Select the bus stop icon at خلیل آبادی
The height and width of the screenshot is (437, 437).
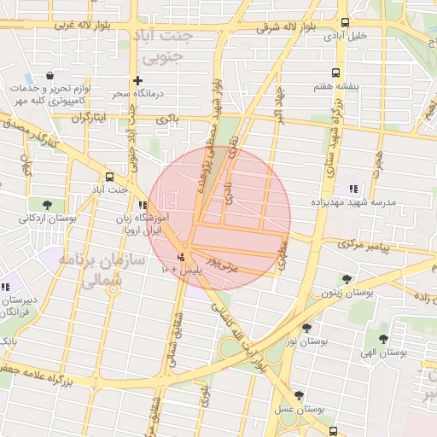[345, 23]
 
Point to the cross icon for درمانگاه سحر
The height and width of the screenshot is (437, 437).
[137, 80]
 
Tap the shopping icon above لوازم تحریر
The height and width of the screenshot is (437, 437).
[53, 76]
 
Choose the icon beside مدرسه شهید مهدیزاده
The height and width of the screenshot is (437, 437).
[353, 189]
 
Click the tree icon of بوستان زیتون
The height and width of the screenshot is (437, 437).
[346, 279]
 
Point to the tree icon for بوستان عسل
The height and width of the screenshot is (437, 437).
[299, 394]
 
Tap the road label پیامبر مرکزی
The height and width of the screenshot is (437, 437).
[363, 244]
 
